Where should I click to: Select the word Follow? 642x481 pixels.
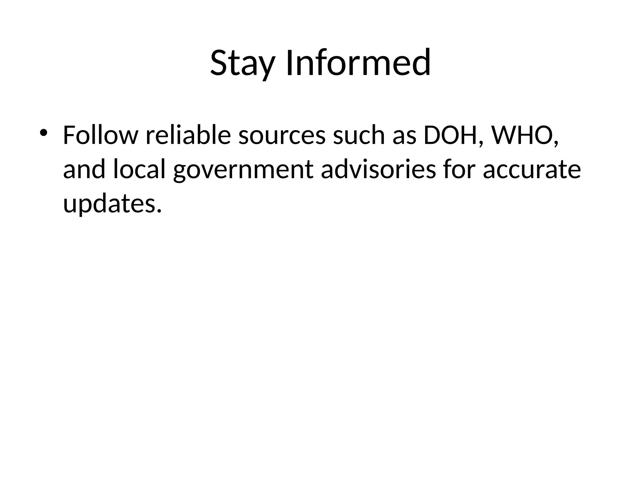click(x=100, y=135)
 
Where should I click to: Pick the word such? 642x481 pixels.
click(x=359, y=135)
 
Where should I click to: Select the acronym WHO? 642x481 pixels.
click(x=521, y=135)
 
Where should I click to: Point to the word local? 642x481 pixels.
click(x=139, y=170)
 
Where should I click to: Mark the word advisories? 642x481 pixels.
click(x=378, y=170)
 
